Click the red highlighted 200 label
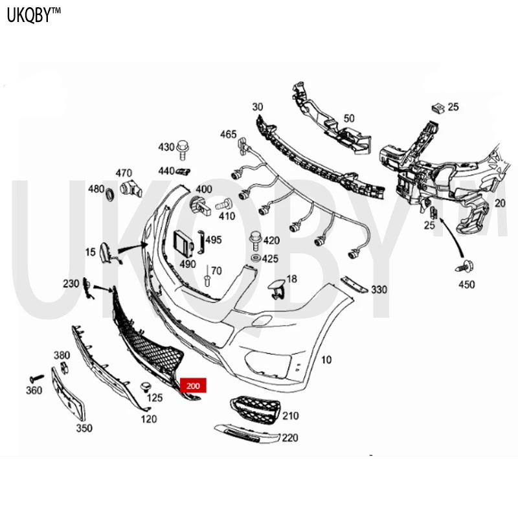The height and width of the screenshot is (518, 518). coord(193,385)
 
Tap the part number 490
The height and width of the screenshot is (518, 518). coord(188,264)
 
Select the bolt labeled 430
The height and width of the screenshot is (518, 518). coord(183,150)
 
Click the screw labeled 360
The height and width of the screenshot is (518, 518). coord(37,378)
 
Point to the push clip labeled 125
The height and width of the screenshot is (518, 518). coord(145,388)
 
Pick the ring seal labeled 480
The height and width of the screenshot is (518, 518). coord(109,194)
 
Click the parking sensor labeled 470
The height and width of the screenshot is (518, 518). coord(131,188)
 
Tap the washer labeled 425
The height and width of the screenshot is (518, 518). coord(255,258)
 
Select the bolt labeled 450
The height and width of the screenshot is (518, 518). coord(465,266)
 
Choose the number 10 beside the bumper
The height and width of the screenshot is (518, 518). coord(326,360)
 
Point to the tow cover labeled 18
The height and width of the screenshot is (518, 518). coord(276,288)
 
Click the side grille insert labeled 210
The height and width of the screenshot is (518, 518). coord(255,410)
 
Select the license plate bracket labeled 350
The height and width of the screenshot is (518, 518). coord(69,394)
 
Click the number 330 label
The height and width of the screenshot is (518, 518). coord(379,289)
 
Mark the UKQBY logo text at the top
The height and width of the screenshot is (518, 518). coord(34,15)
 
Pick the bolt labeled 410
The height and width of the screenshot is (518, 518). coord(224,205)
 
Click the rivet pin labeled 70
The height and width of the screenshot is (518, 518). coord(207,276)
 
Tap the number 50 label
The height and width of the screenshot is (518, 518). coord(349,118)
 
